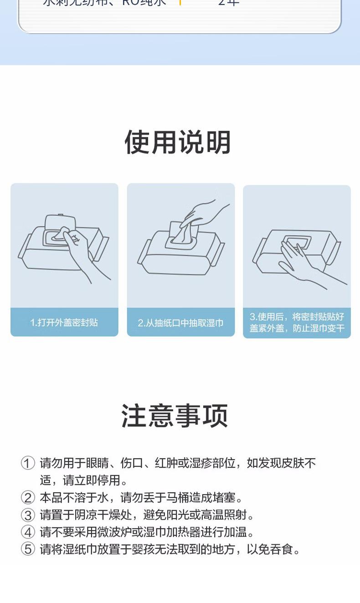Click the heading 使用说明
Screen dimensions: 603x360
pos(178,142)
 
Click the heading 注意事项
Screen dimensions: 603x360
pos(175,416)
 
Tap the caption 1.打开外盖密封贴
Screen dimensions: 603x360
pos(64,323)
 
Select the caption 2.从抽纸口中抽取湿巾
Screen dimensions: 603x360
pos(180,323)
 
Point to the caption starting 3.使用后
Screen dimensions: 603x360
pos(297,322)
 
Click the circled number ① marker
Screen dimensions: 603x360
pos(28,464)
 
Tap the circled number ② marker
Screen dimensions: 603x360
pos(28,498)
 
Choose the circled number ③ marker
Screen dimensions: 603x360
pos(28,515)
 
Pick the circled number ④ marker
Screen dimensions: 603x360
pos(28,532)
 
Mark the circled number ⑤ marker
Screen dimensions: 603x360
pos(28,549)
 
